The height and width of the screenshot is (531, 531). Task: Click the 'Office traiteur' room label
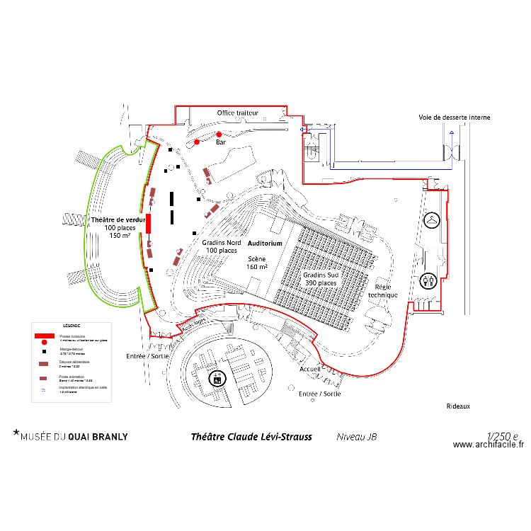pyautogui.click(x=238, y=113)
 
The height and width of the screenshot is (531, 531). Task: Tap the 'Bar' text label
pyautogui.click(x=220, y=143)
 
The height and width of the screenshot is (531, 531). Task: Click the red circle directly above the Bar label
pyautogui.click(x=219, y=135)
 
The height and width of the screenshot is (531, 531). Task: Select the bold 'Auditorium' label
pyautogui.click(x=265, y=243)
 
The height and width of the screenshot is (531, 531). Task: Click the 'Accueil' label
pyautogui.click(x=311, y=370)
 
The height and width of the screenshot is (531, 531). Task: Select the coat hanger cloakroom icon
pyautogui.click(x=431, y=220)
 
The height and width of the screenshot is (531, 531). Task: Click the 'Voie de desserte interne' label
pyautogui.click(x=455, y=118)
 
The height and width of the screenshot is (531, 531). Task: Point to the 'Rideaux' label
pyautogui.click(x=458, y=406)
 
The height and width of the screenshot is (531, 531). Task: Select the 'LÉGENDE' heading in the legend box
pyautogui.click(x=63, y=325)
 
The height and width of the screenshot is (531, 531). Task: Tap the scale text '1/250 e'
pyautogui.click(x=502, y=436)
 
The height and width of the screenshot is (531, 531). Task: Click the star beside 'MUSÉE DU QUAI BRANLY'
pyautogui.click(x=16, y=431)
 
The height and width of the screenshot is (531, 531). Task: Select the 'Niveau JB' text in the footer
pyautogui.click(x=356, y=437)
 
